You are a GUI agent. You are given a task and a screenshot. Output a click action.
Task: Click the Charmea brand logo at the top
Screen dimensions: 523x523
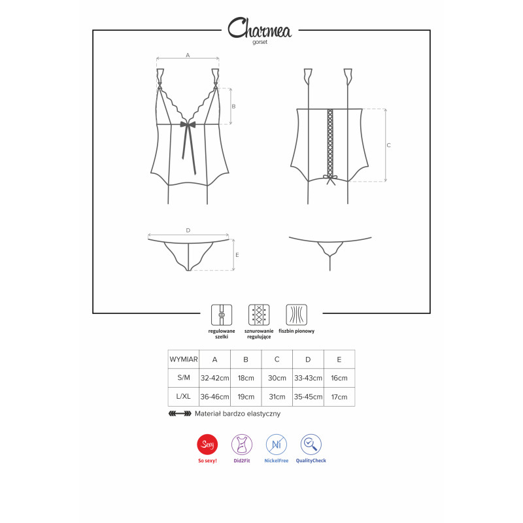260,27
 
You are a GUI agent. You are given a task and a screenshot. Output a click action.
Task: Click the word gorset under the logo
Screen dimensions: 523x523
260,42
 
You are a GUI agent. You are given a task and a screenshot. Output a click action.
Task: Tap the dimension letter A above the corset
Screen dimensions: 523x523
188,55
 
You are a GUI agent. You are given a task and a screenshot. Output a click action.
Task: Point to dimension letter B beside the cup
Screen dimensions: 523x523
233,107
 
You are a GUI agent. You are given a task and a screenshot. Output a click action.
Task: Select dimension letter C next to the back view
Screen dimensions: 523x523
388,145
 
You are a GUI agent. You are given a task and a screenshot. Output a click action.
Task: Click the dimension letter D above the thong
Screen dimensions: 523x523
188,230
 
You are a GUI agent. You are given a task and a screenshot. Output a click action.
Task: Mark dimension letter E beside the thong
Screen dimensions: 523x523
237,255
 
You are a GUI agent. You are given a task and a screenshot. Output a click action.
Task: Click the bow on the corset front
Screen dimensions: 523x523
188,124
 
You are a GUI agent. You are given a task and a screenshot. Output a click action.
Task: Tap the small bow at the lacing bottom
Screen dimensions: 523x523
330,180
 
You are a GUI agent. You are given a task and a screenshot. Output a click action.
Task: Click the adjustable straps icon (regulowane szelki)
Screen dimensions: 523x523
222,315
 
